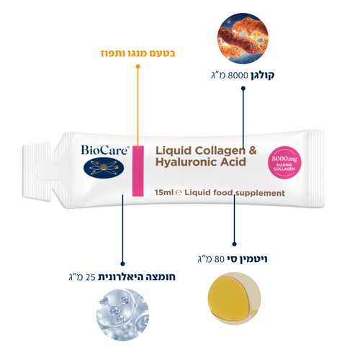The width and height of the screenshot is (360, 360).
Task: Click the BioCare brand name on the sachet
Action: coord(105,150)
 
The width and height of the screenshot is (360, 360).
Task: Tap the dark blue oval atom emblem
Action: coord(104,168)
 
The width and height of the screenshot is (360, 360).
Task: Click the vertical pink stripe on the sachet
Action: coord(138,171)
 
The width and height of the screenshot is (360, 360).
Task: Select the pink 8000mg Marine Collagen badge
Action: coord(284,163)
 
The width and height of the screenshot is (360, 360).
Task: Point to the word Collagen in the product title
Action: coord(220,151)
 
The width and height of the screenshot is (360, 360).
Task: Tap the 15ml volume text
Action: coord(164,192)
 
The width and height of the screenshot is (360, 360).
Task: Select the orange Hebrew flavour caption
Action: coord(138,53)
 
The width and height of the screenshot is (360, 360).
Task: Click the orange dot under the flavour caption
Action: coord(138,66)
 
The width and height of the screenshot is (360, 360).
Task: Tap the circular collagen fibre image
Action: coord(243,38)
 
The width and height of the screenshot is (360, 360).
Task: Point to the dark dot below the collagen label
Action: coord(243,89)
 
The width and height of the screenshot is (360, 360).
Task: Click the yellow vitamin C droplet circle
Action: coord(234,299)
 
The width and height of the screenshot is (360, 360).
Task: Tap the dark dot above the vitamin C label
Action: coord(235,244)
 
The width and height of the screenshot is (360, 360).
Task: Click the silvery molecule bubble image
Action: coord(122,315)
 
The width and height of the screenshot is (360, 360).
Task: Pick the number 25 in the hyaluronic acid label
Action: coord(91,277)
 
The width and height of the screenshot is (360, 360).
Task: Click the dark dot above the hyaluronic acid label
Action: coord(122,264)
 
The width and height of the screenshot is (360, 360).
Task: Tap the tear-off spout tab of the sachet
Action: coord(37,171)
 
